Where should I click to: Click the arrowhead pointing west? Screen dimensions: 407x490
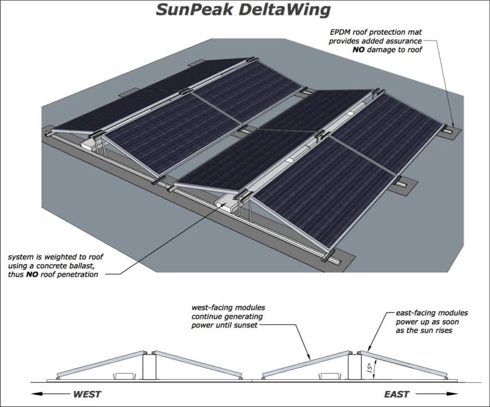click(35, 394)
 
